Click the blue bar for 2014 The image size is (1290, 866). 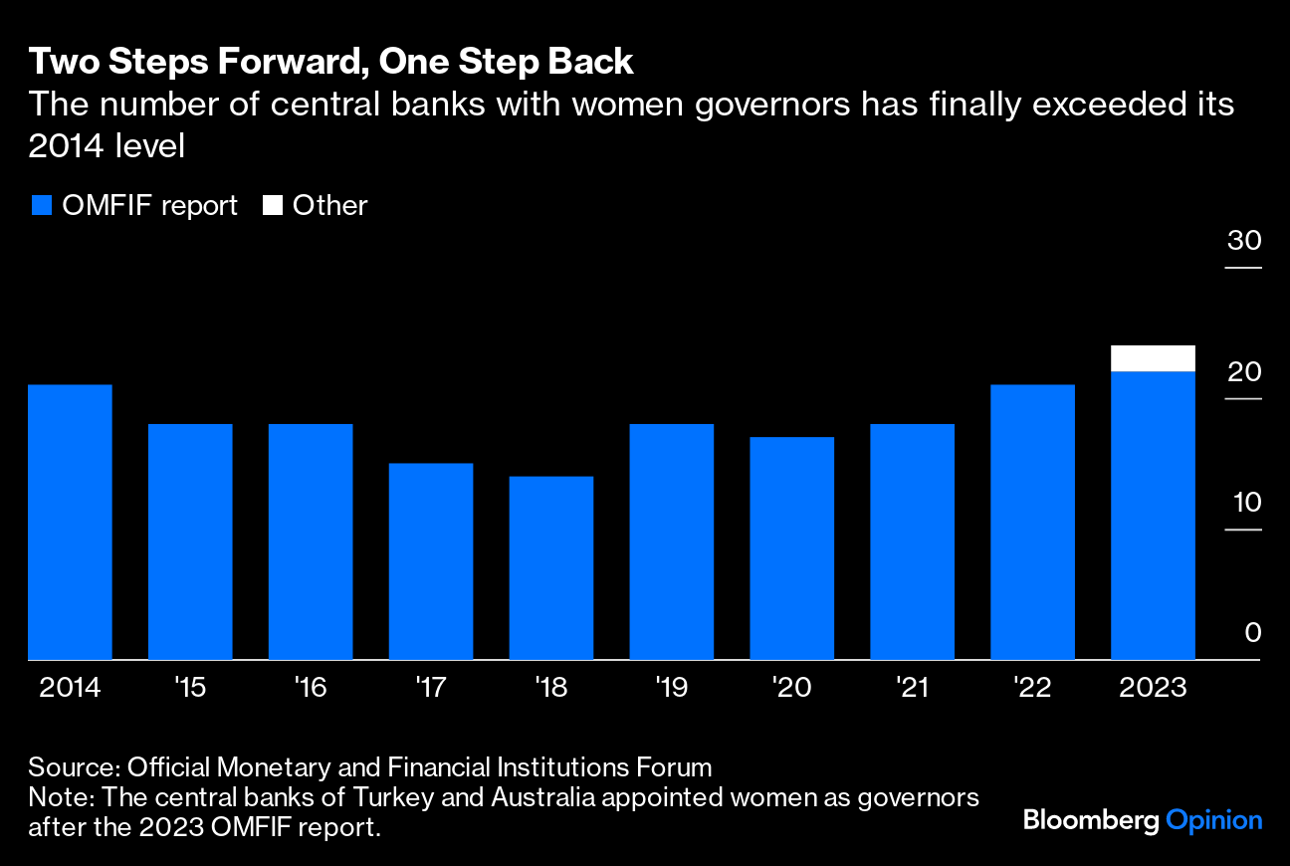pos(70,522)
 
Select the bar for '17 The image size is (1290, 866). pos(431,561)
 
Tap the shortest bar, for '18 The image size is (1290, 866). pos(550,567)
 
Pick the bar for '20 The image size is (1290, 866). pos(791,548)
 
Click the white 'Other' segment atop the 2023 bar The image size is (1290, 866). pos(1153,358)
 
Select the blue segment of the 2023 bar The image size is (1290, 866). pos(1153,516)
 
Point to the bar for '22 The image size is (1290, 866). pos(1032,522)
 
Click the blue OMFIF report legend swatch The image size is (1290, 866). pos(41,206)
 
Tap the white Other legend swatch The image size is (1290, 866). pos(272,206)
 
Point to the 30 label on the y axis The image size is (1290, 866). pos(1243,241)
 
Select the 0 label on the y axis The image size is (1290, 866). pos(1251,633)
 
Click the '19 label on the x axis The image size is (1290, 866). pos(672,689)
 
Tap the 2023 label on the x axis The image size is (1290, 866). pos(1153,689)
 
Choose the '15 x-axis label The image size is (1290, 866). pos(190,689)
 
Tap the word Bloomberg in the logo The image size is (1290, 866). pos(1091,821)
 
